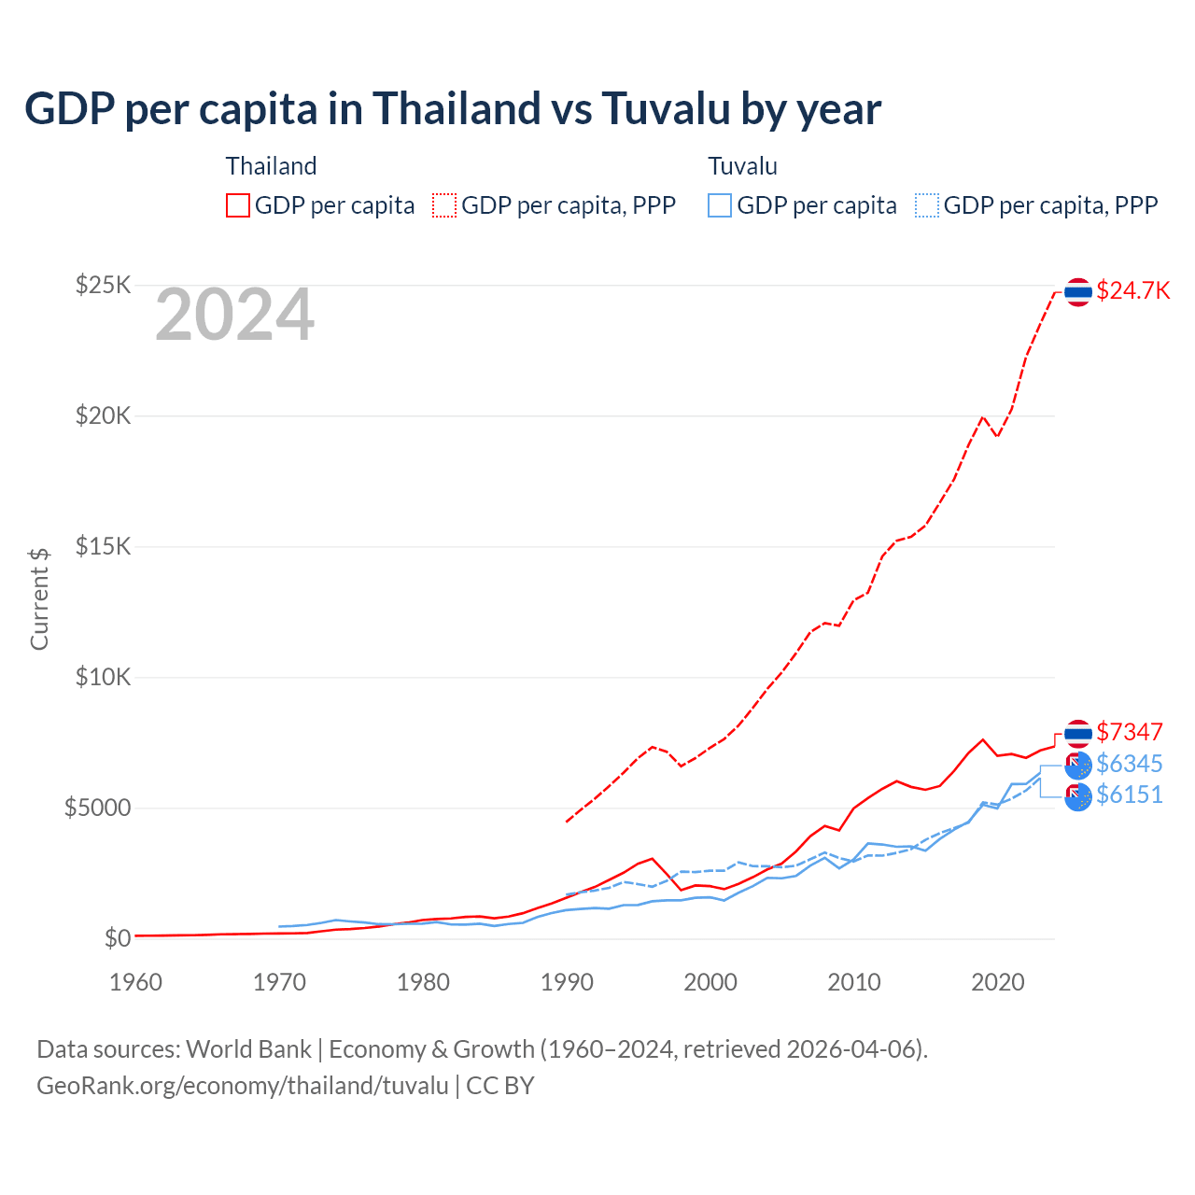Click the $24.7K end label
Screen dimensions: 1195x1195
(1132, 290)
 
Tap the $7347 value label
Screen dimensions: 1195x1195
(1129, 732)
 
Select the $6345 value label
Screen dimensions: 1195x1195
(1129, 764)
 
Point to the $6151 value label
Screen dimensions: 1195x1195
(1129, 794)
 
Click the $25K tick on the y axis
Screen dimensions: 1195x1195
(103, 285)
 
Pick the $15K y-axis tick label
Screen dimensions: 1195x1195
(103, 546)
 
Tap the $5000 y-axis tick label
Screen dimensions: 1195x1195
(97, 808)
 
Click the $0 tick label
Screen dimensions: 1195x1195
(117, 938)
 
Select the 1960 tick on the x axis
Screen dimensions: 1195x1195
(135, 982)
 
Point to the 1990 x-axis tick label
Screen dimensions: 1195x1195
(567, 982)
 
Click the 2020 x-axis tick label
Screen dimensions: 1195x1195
(998, 982)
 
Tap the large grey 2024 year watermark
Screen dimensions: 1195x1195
(234, 316)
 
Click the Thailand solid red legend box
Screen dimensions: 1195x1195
(238, 205)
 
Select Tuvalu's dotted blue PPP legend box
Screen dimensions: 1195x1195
(927, 205)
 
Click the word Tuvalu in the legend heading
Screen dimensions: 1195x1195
(742, 166)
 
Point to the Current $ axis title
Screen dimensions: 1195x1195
(39, 598)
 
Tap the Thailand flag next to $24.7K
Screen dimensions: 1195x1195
(1078, 292)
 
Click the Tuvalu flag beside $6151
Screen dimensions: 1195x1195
(1078, 797)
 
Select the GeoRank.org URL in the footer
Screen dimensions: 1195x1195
(243, 1086)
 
